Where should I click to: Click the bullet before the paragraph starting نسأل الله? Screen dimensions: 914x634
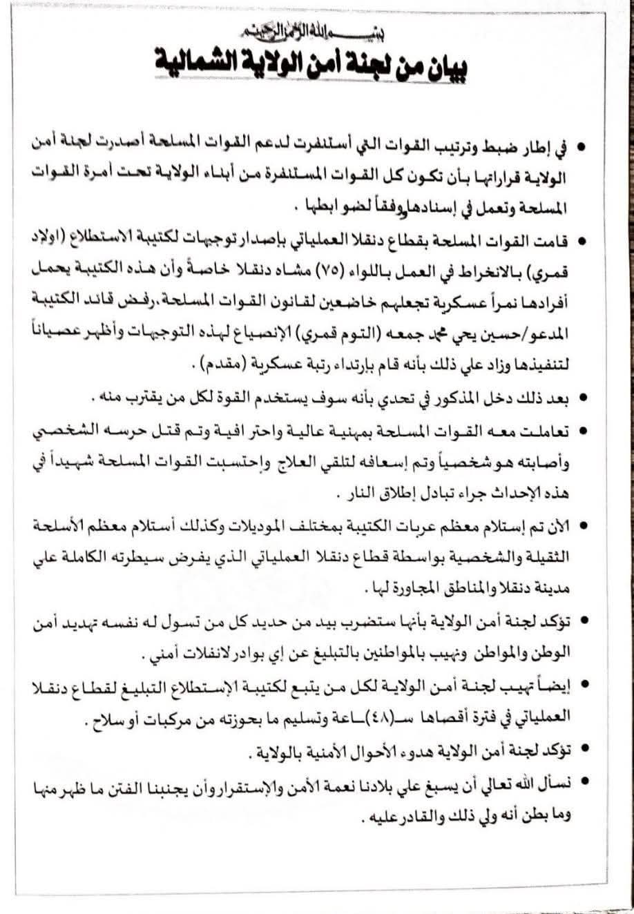(x=584, y=782)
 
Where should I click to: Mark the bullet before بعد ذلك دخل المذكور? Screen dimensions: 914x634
(x=584, y=398)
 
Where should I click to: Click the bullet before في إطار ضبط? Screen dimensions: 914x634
(x=584, y=149)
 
